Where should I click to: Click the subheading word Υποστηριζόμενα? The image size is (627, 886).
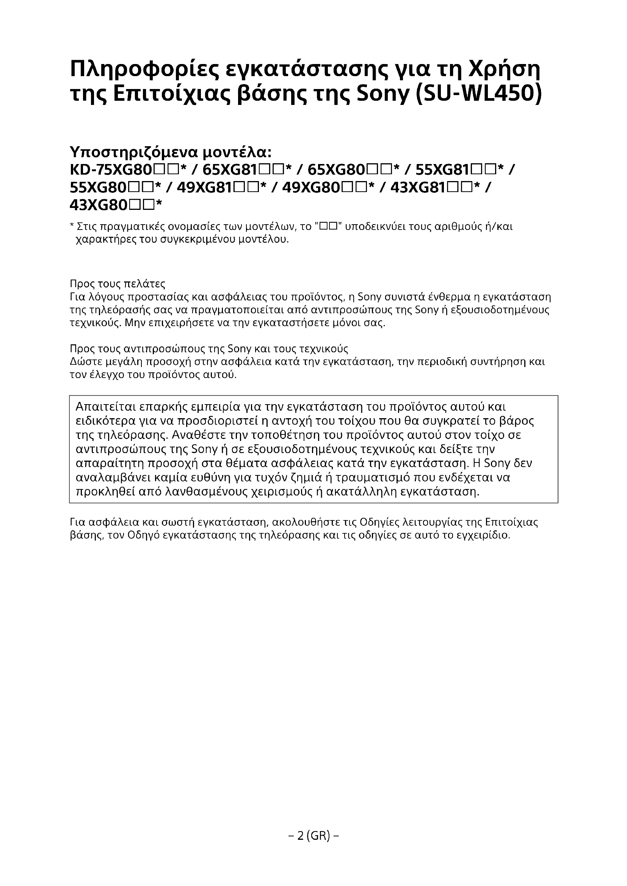click(134, 152)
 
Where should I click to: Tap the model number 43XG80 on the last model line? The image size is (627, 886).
click(99, 205)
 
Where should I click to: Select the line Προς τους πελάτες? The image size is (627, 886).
click(118, 284)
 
